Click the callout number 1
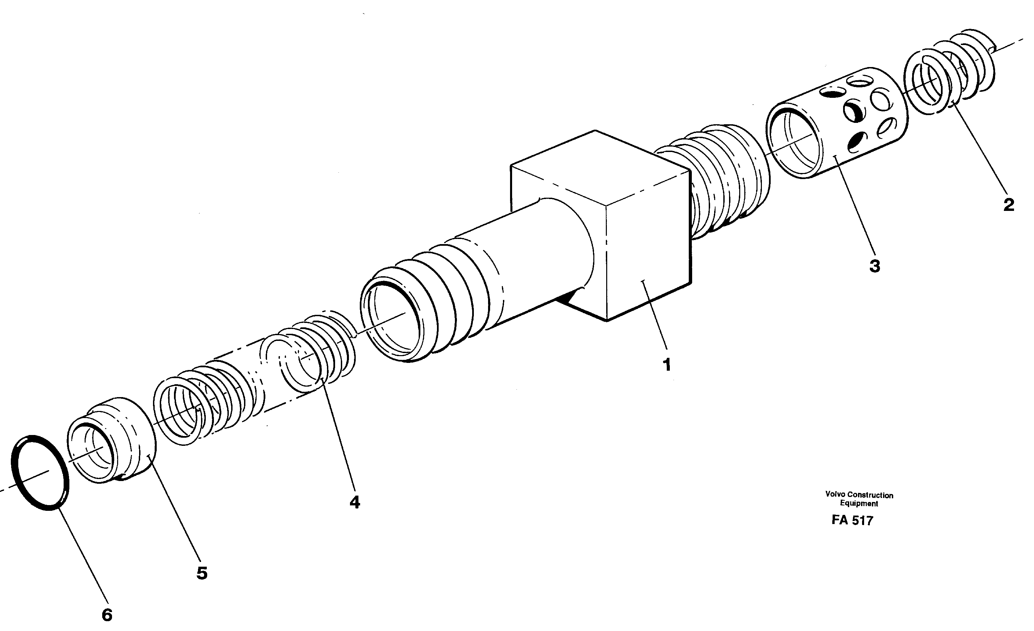(667, 364)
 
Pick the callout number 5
(202, 573)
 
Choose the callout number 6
(107, 615)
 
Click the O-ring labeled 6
(40, 473)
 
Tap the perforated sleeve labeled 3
(835, 122)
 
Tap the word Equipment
(859, 503)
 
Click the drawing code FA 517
(852, 521)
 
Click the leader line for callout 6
(83, 558)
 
